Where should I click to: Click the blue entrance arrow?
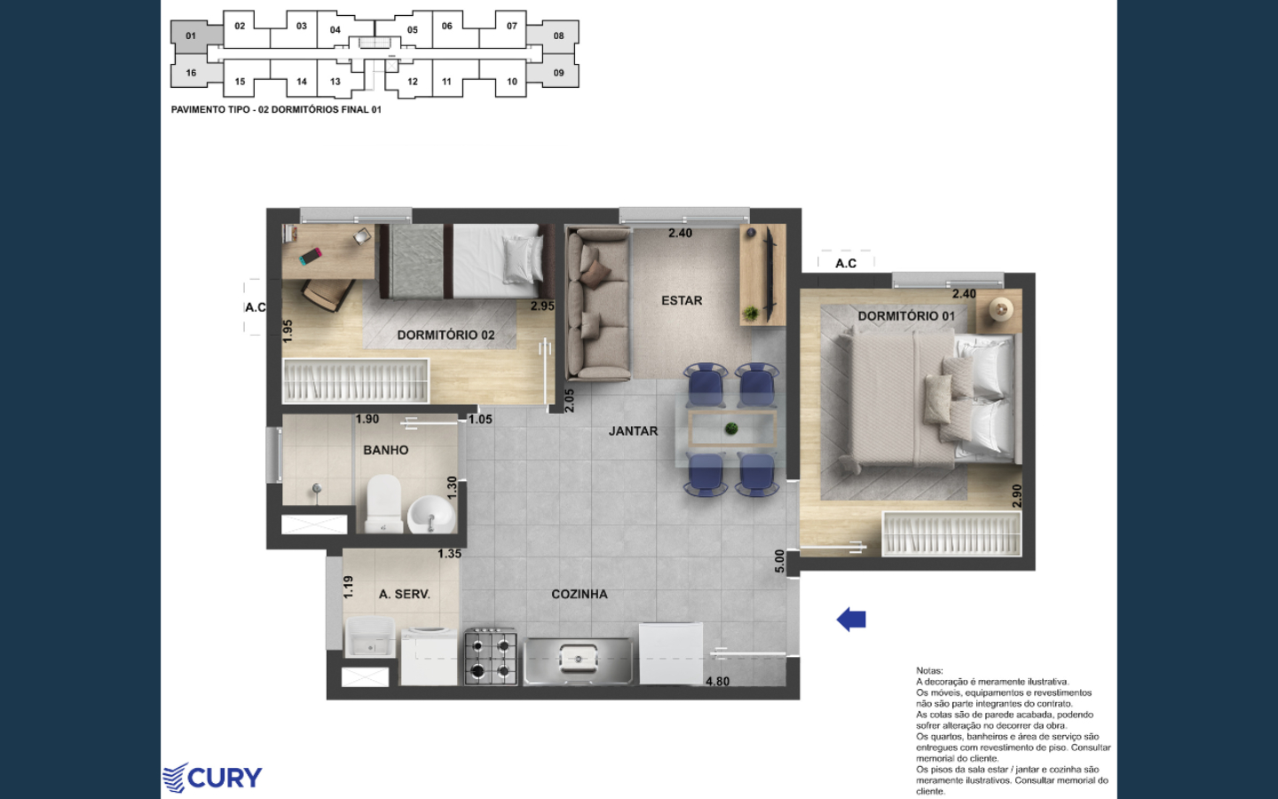pos(851,620)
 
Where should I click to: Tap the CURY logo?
pos(212,778)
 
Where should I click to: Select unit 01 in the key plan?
pos(191,36)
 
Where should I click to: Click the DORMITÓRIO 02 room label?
pos(446,335)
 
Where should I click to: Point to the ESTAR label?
pos(682,300)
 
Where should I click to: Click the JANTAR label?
pos(634,431)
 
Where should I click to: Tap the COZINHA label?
pos(579,594)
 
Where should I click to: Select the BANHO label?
pos(386,450)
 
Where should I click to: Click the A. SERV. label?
pos(405,594)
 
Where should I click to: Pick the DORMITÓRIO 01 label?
pos(907,316)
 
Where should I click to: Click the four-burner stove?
pos(491,657)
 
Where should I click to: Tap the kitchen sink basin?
pos(578,658)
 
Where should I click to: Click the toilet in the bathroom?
pos(384,503)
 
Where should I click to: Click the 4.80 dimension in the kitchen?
pos(717,681)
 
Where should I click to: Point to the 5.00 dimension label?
pos(779,561)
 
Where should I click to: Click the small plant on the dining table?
pos(731,429)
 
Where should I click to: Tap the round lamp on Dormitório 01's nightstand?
pos(1001,310)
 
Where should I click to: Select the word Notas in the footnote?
pos(929,670)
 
